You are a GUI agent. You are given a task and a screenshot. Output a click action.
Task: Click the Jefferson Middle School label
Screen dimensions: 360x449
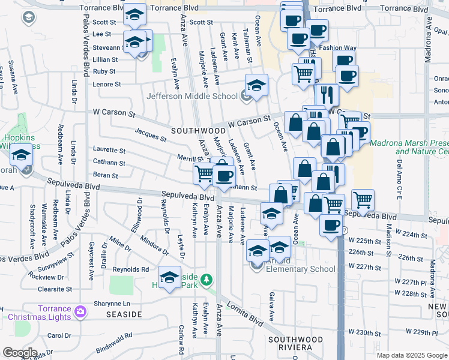[192, 96]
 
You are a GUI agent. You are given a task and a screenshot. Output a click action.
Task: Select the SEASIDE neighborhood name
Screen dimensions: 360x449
[124, 314]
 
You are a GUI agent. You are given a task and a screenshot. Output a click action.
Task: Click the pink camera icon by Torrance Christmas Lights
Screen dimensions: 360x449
[80, 312]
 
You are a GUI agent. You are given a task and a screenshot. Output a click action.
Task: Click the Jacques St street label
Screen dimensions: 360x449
[150, 136]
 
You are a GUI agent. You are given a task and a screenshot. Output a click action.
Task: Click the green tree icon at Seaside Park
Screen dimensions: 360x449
[206, 280]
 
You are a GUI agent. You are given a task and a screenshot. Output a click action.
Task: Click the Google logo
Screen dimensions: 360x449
[20, 353]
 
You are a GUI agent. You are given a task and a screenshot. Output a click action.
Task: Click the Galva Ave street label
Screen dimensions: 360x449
[272, 306]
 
